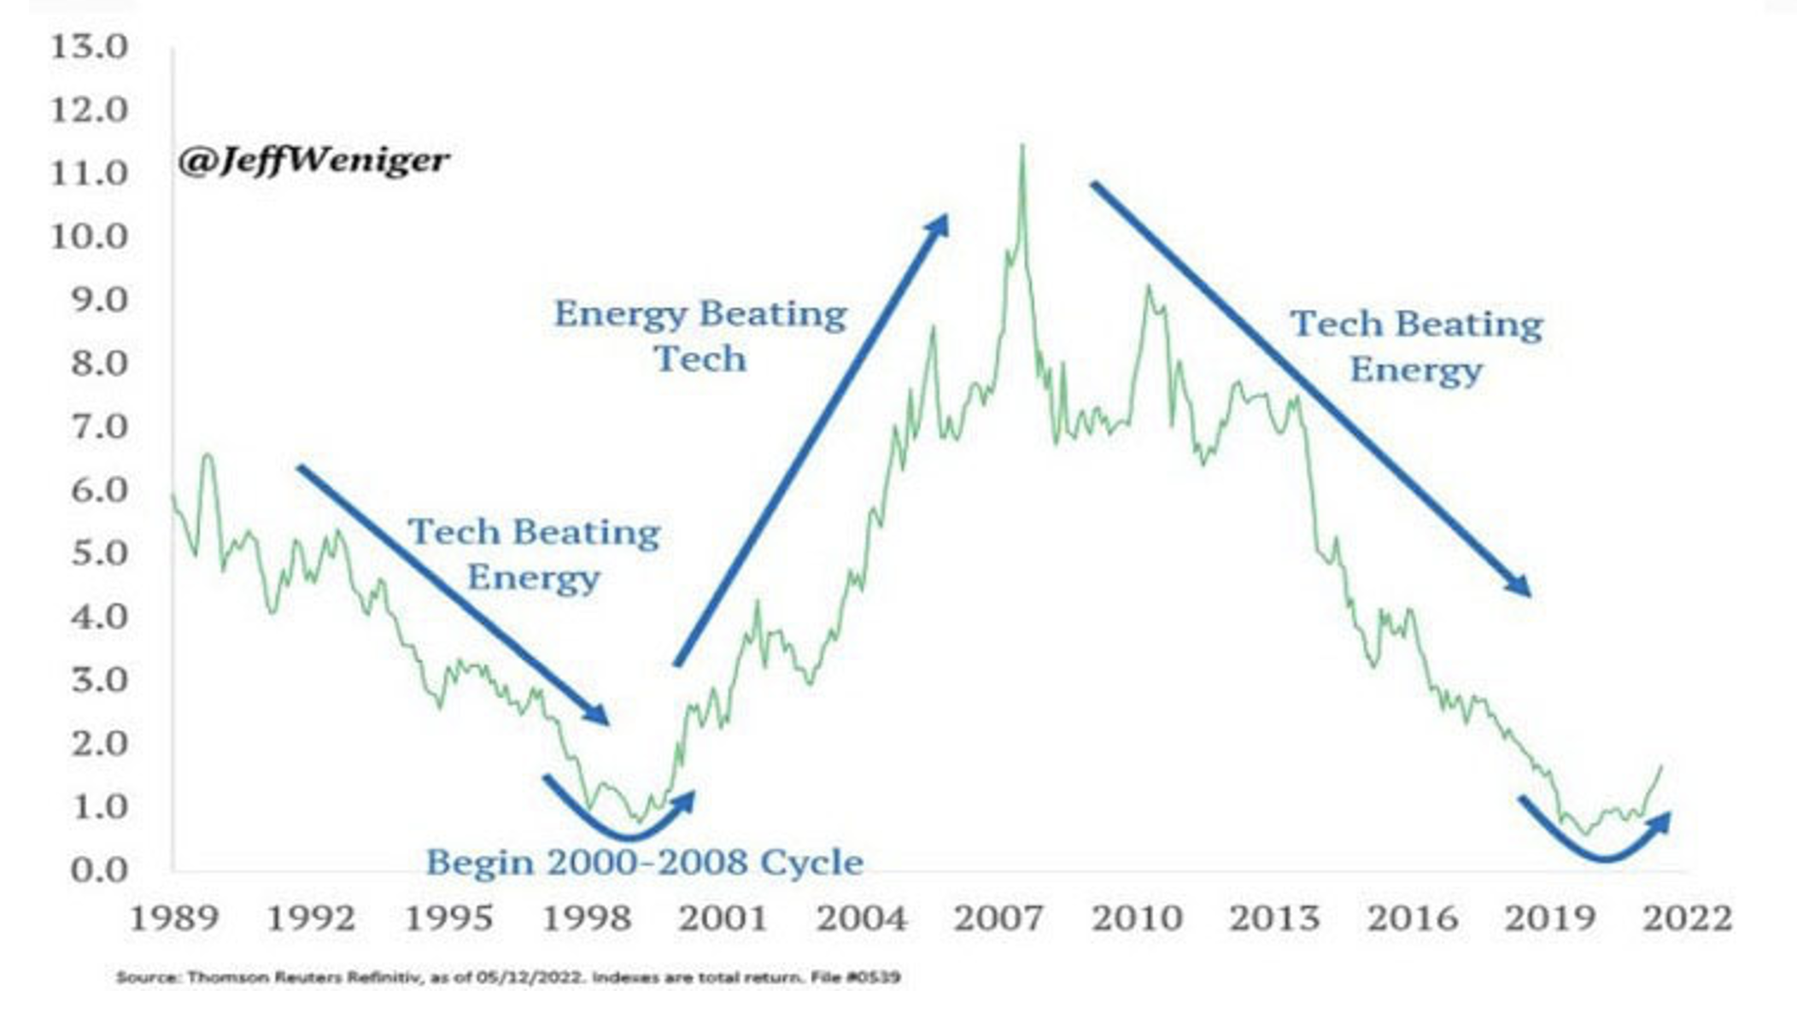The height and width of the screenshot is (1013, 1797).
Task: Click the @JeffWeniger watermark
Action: [x=313, y=161]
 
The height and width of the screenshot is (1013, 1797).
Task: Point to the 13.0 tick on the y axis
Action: [x=89, y=47]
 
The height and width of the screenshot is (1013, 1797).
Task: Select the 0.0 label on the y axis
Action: [x=99, y=870]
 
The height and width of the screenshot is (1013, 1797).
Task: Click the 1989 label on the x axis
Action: [x=173, y=919]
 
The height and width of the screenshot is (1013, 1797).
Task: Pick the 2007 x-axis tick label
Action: [x=998, y=919]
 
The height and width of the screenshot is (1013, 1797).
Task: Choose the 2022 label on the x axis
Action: [x=1688, y=919]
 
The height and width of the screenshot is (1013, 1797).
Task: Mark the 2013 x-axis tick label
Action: [x=1273, y=919]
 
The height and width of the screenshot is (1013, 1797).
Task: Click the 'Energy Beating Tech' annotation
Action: [x=700, y=336]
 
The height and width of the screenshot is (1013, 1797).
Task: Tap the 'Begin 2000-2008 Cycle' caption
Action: [x=645, y=863]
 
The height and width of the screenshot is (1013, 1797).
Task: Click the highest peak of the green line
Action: [x=1022, y=147]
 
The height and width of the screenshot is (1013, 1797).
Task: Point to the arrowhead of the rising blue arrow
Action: [x=941, y=222]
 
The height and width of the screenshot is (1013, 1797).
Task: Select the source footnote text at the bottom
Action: [x=508, y=976]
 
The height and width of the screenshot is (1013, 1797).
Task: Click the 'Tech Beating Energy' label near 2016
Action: [x=1416, y=347]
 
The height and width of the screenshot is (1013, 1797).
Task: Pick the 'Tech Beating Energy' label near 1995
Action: [x=534, y=554]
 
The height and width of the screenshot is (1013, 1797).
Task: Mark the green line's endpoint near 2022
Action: [x=1661, y=766]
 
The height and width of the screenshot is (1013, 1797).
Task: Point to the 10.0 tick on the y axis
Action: [x=89, y=237]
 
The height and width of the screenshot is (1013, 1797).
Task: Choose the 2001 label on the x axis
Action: [x=723, y=919]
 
